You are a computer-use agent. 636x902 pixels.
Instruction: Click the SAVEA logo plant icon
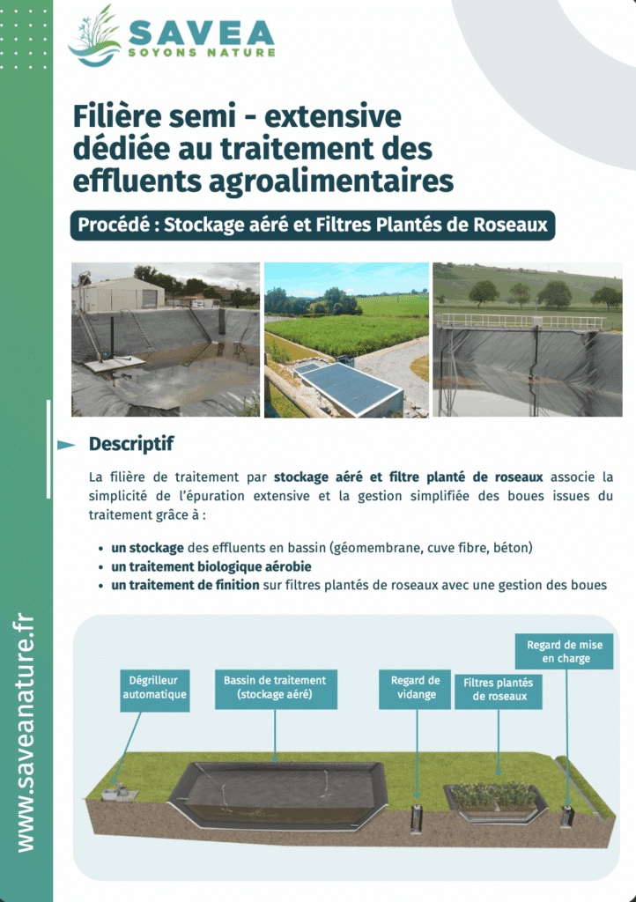(94, 36)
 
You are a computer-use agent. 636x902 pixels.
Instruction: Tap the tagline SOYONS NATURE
(202, 53)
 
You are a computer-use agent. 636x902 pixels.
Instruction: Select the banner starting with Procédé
(313, 225)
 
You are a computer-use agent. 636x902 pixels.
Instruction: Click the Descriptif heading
(131, 443)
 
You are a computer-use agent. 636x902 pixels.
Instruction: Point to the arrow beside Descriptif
(66, 445)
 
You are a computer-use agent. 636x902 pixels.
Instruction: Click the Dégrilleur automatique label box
(154, 688)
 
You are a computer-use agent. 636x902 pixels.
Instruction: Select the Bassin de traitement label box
(275, 688)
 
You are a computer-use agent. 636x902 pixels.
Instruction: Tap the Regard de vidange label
(416, 688)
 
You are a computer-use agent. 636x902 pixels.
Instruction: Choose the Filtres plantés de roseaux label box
(499, 690)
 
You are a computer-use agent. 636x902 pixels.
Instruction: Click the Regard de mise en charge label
(565, 652)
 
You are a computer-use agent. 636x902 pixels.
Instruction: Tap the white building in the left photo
(119, 295)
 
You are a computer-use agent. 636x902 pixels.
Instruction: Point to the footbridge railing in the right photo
(520, 321)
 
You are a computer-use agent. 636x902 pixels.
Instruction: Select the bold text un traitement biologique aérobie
(211, 566)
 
